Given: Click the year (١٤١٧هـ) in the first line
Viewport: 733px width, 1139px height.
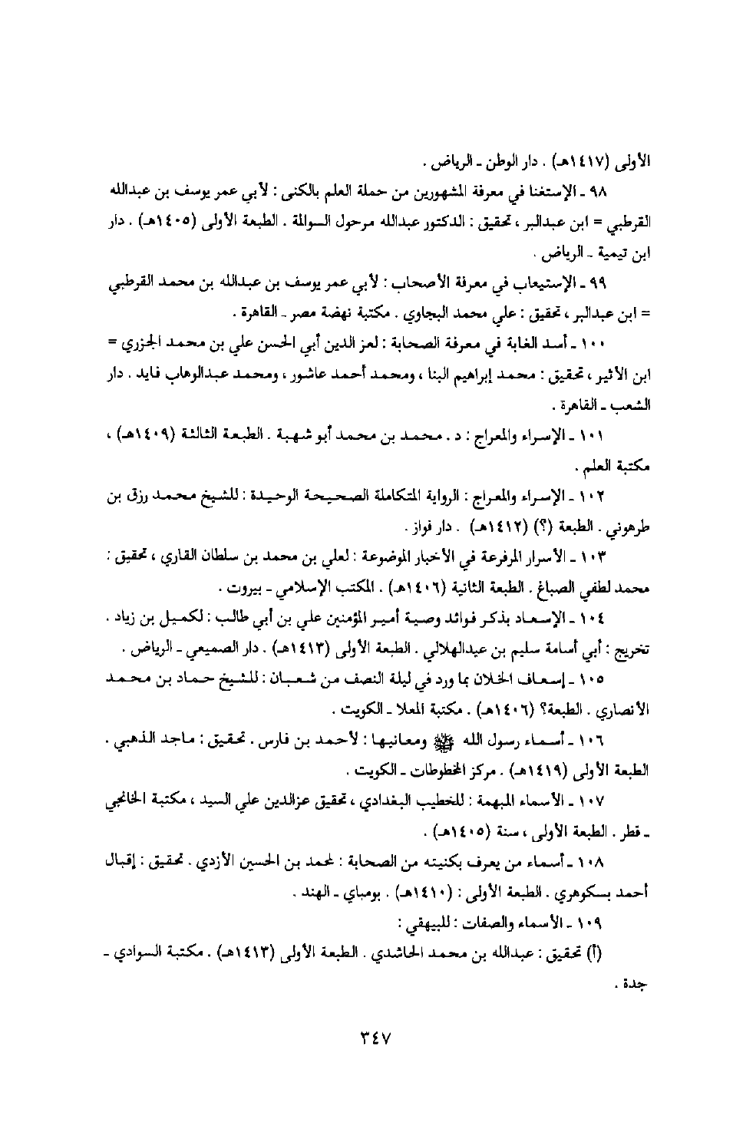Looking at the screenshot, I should (x=565, y=163).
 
